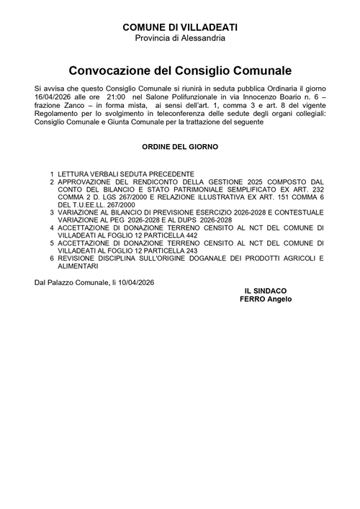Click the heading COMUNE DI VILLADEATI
[180, 27]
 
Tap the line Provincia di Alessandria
[180, 37]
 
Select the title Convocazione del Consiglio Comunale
[180, 71]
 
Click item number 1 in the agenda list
[52, 174]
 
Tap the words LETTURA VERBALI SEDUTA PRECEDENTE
[127, 174]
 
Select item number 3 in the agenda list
[52, 212]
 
